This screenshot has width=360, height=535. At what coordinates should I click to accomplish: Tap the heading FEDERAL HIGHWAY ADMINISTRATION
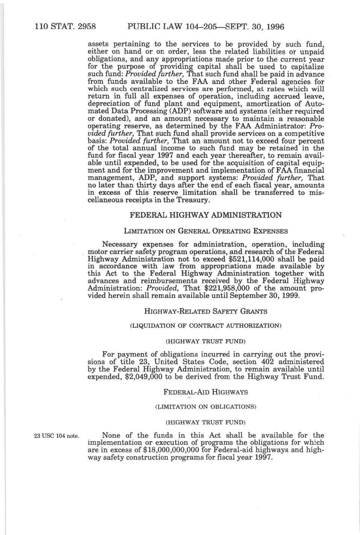tap(205, 215)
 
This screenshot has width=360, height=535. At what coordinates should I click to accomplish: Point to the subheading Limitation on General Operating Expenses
tap(205, 231)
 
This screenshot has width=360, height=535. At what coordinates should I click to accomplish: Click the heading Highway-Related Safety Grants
tap(205, 311)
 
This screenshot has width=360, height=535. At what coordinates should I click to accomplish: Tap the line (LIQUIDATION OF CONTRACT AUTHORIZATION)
tap(205, 325)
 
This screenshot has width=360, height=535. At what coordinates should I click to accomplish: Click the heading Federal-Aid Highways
tap(205, 392)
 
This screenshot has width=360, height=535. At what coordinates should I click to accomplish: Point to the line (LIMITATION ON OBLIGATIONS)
tap(205, 407)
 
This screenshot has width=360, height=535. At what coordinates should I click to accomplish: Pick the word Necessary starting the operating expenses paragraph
tap(120, 244)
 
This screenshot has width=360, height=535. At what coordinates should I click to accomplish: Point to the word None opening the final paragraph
tap(111, 435)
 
